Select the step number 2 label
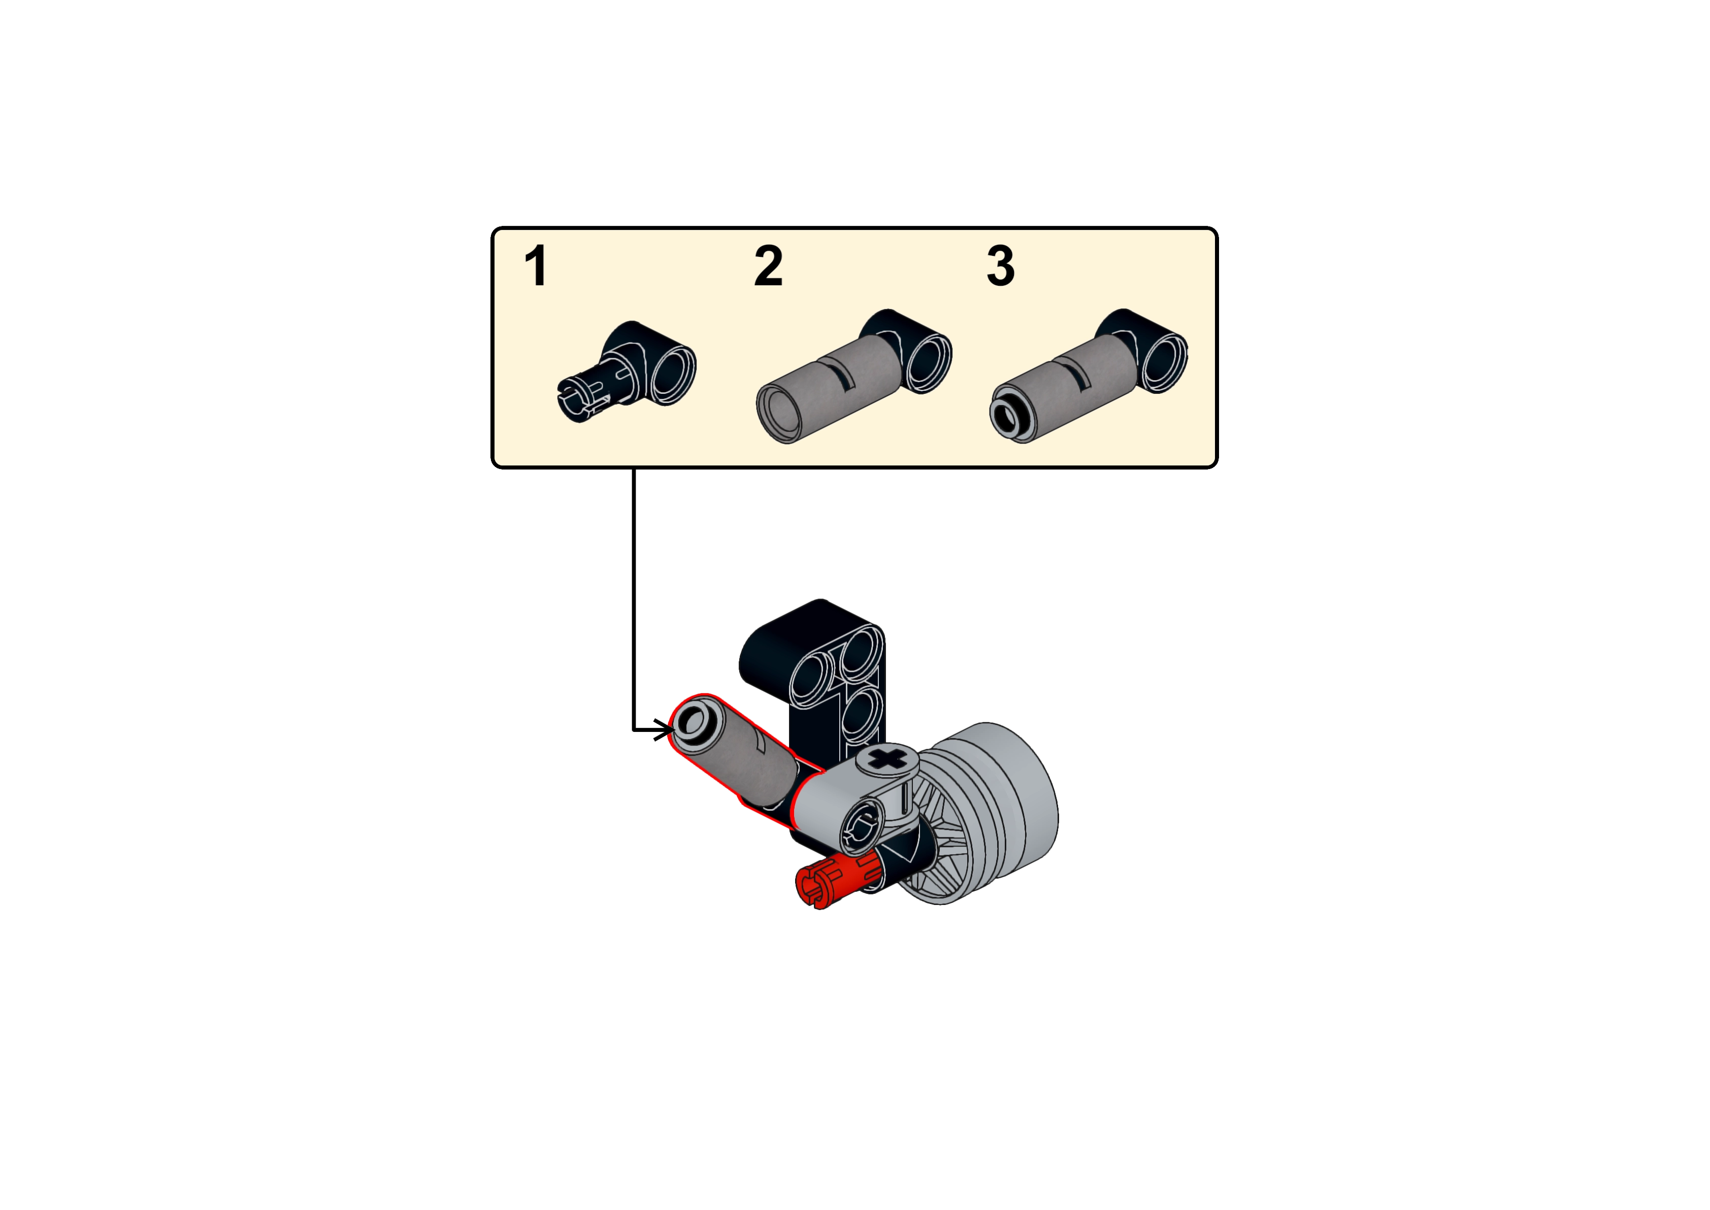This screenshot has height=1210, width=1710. click(768, 266)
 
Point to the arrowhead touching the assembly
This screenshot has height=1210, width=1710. click(662, 730)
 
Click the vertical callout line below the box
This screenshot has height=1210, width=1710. click(633, 596)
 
